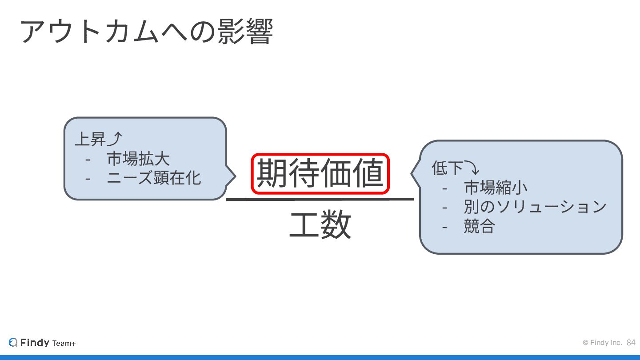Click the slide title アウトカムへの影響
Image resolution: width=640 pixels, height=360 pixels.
[x=146, y=32]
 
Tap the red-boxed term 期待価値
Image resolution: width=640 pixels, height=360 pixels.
[x=320, y=174]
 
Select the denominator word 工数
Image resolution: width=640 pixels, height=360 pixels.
[x=320, y=225]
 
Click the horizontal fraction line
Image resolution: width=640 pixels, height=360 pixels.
[x=320, y=199]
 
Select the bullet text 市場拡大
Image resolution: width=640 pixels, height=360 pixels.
[x=138, y=159]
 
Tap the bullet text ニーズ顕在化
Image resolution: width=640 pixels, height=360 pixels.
[x=154, y=178]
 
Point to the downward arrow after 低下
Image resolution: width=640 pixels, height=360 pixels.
[x=472, y=168]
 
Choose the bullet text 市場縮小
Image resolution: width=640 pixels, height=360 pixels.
[x=496, y=188]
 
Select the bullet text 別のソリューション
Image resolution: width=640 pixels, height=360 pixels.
[x=535, y=207]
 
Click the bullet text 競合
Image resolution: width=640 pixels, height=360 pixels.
[x=479, y=226]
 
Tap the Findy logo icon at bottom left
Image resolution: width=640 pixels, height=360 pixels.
[x=13, y=342]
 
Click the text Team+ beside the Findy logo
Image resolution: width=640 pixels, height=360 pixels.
[x=64, y=343]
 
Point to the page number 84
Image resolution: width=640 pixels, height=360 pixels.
[x=631, y=342]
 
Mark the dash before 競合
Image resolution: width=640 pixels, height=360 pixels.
[x=445, y=227]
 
